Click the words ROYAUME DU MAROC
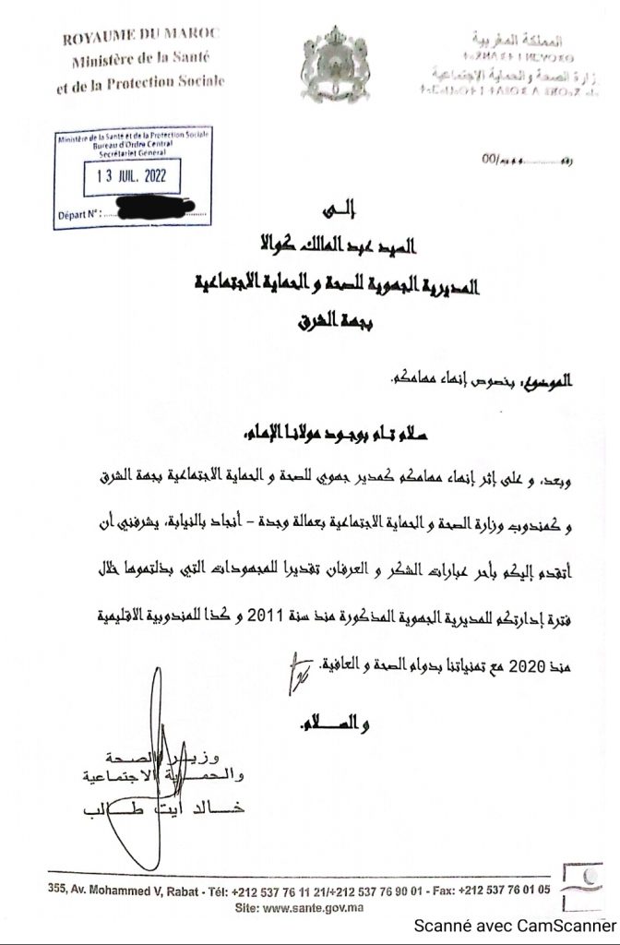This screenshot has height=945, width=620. pos(141,37)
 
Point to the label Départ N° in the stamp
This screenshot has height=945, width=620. pos(77,214)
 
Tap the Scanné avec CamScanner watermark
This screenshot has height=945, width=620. pos(513,926)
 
